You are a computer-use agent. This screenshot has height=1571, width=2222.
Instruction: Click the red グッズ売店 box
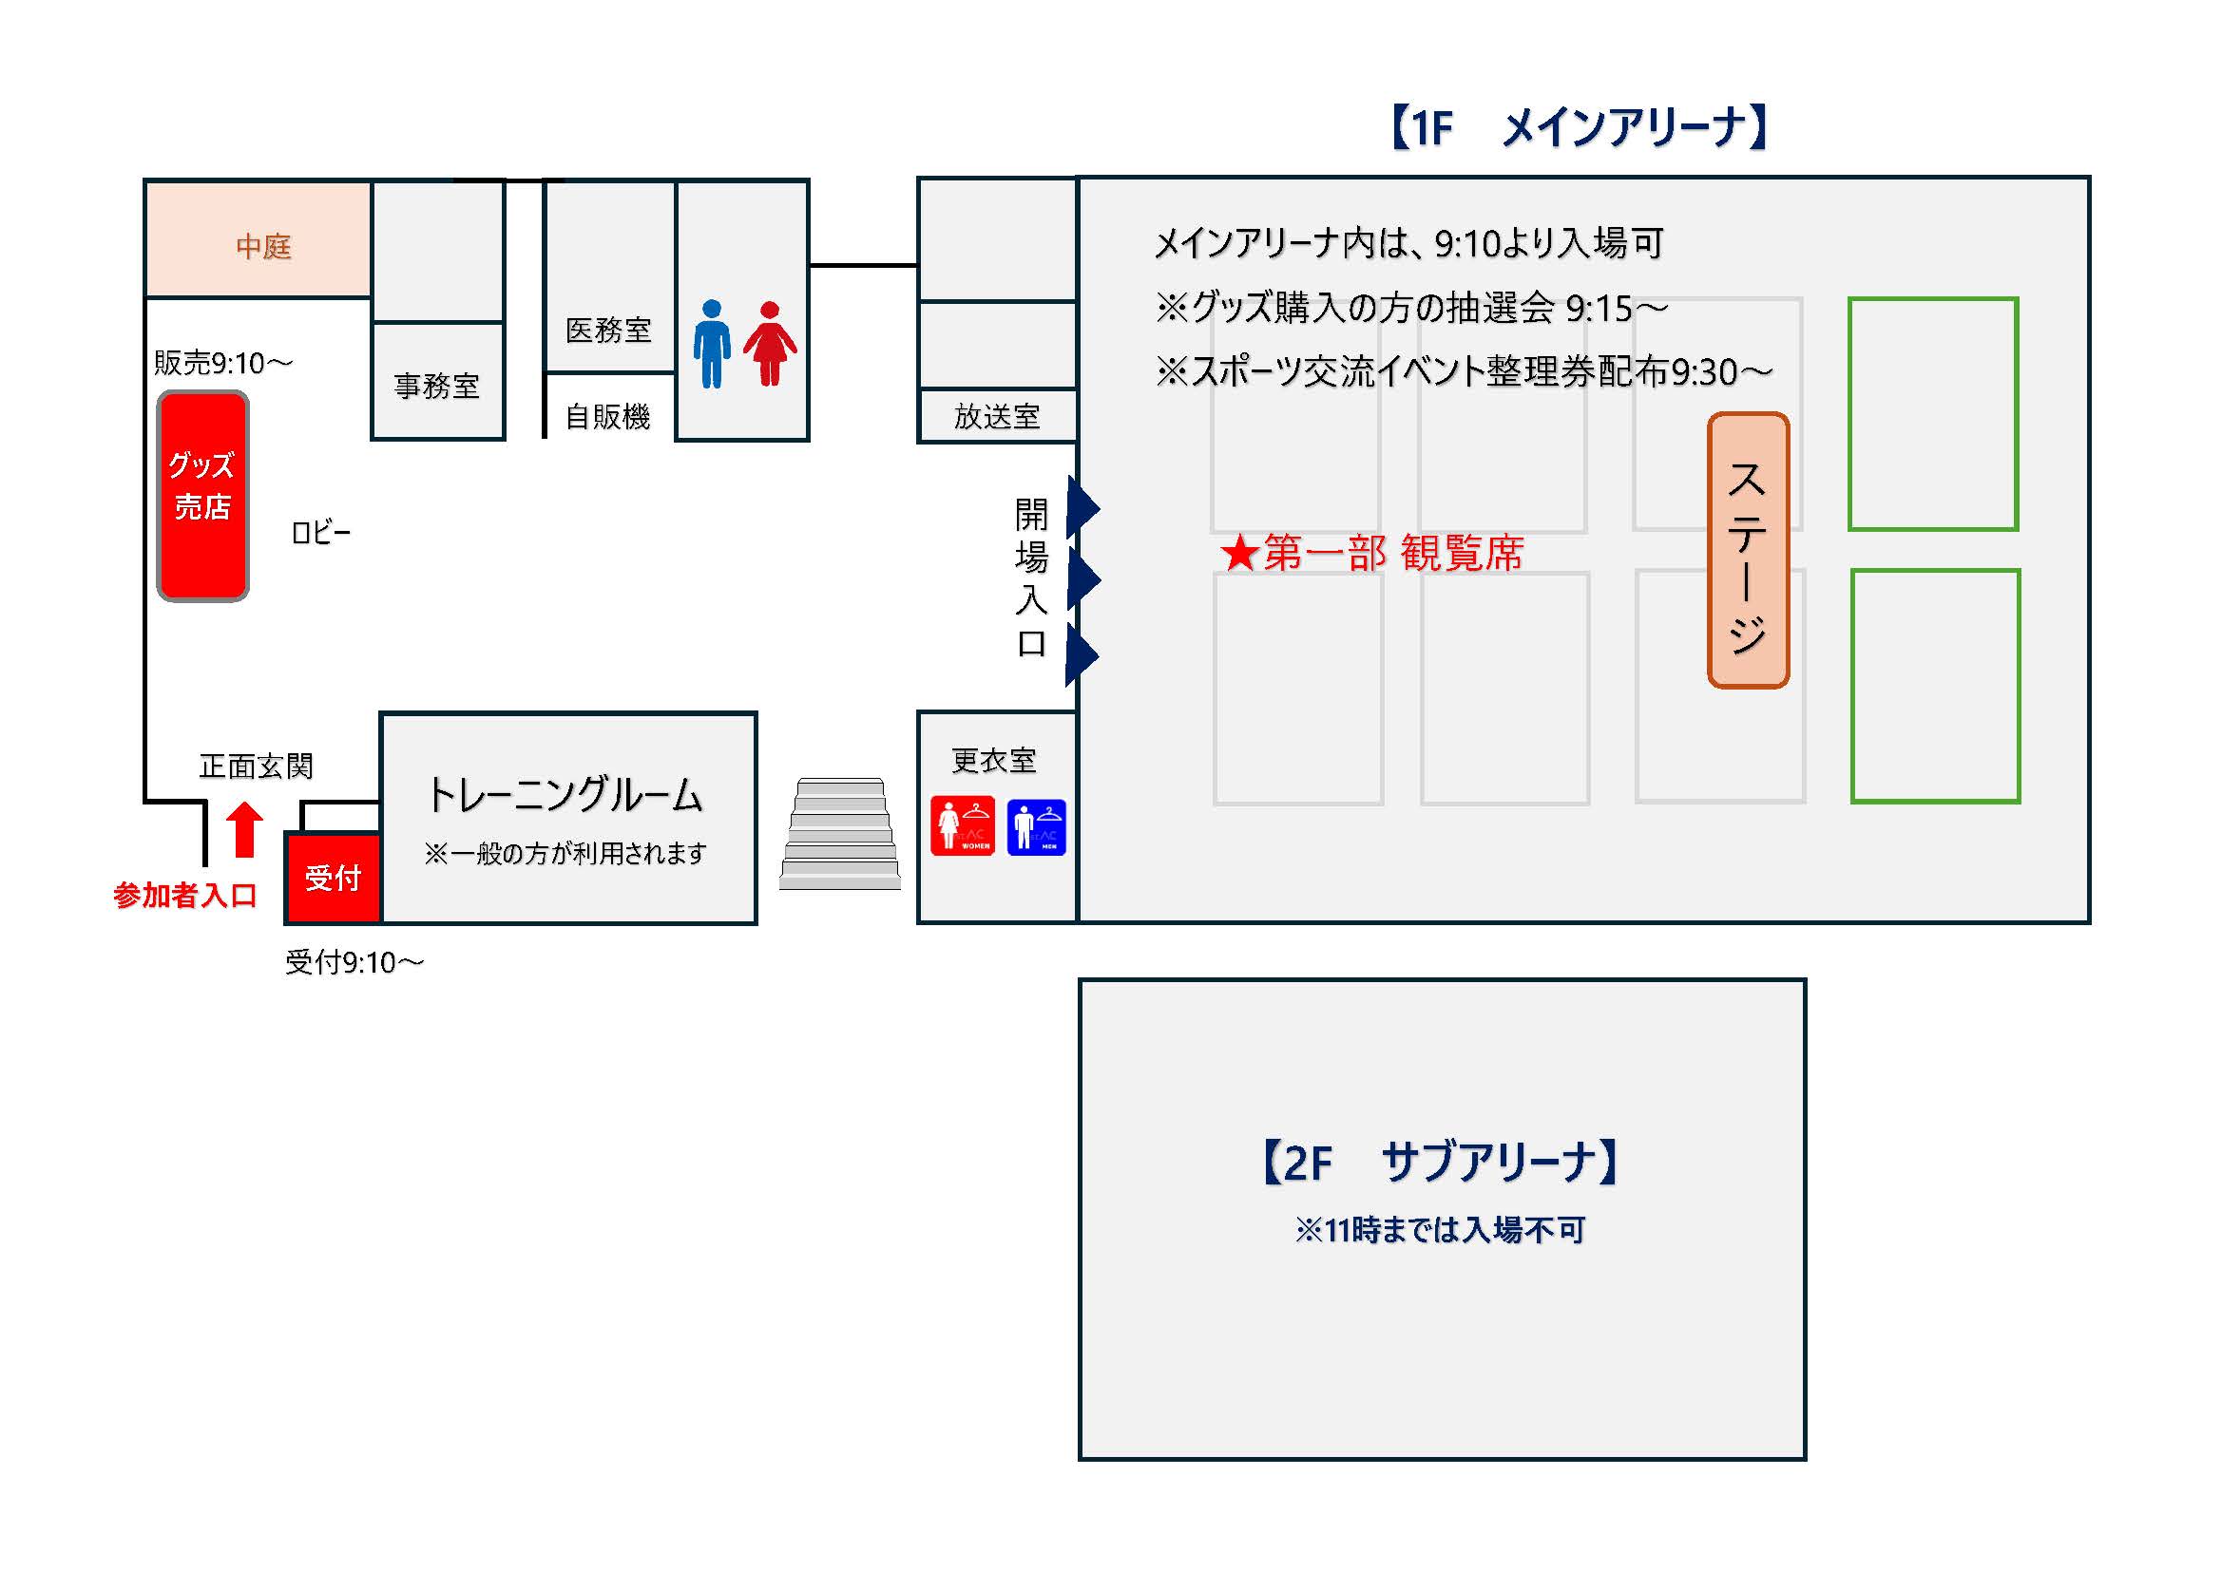point(202,495)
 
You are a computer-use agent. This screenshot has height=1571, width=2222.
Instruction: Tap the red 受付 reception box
point(333,878)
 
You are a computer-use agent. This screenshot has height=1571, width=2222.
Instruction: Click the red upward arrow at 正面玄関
point(244,829)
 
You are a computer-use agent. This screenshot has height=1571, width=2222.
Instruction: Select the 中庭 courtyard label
point(263,246)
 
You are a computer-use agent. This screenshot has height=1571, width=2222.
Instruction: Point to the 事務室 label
point(436,386)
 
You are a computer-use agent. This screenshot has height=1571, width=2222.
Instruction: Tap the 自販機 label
point(607,417)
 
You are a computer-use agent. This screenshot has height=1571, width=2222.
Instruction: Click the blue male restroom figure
point(711,344)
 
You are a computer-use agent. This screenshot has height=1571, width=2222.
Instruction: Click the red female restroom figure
point(770,344)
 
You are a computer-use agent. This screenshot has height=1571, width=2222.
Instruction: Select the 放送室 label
point(997,417)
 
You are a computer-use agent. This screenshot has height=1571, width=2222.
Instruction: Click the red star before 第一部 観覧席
point(1238,555)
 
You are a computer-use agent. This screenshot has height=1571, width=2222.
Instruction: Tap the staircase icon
point(840,834)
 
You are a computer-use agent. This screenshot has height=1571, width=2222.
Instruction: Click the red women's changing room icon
point(962,826)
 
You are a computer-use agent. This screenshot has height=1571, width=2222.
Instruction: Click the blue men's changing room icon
point(1036,827)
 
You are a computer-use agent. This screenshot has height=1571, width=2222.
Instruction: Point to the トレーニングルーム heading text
point(565,794)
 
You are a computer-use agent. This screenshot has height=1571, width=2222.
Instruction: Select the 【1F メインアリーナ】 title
point(1579,127)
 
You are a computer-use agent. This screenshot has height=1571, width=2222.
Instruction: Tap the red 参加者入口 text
point(184,895)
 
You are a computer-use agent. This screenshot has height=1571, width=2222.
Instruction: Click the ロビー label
point(320,532)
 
